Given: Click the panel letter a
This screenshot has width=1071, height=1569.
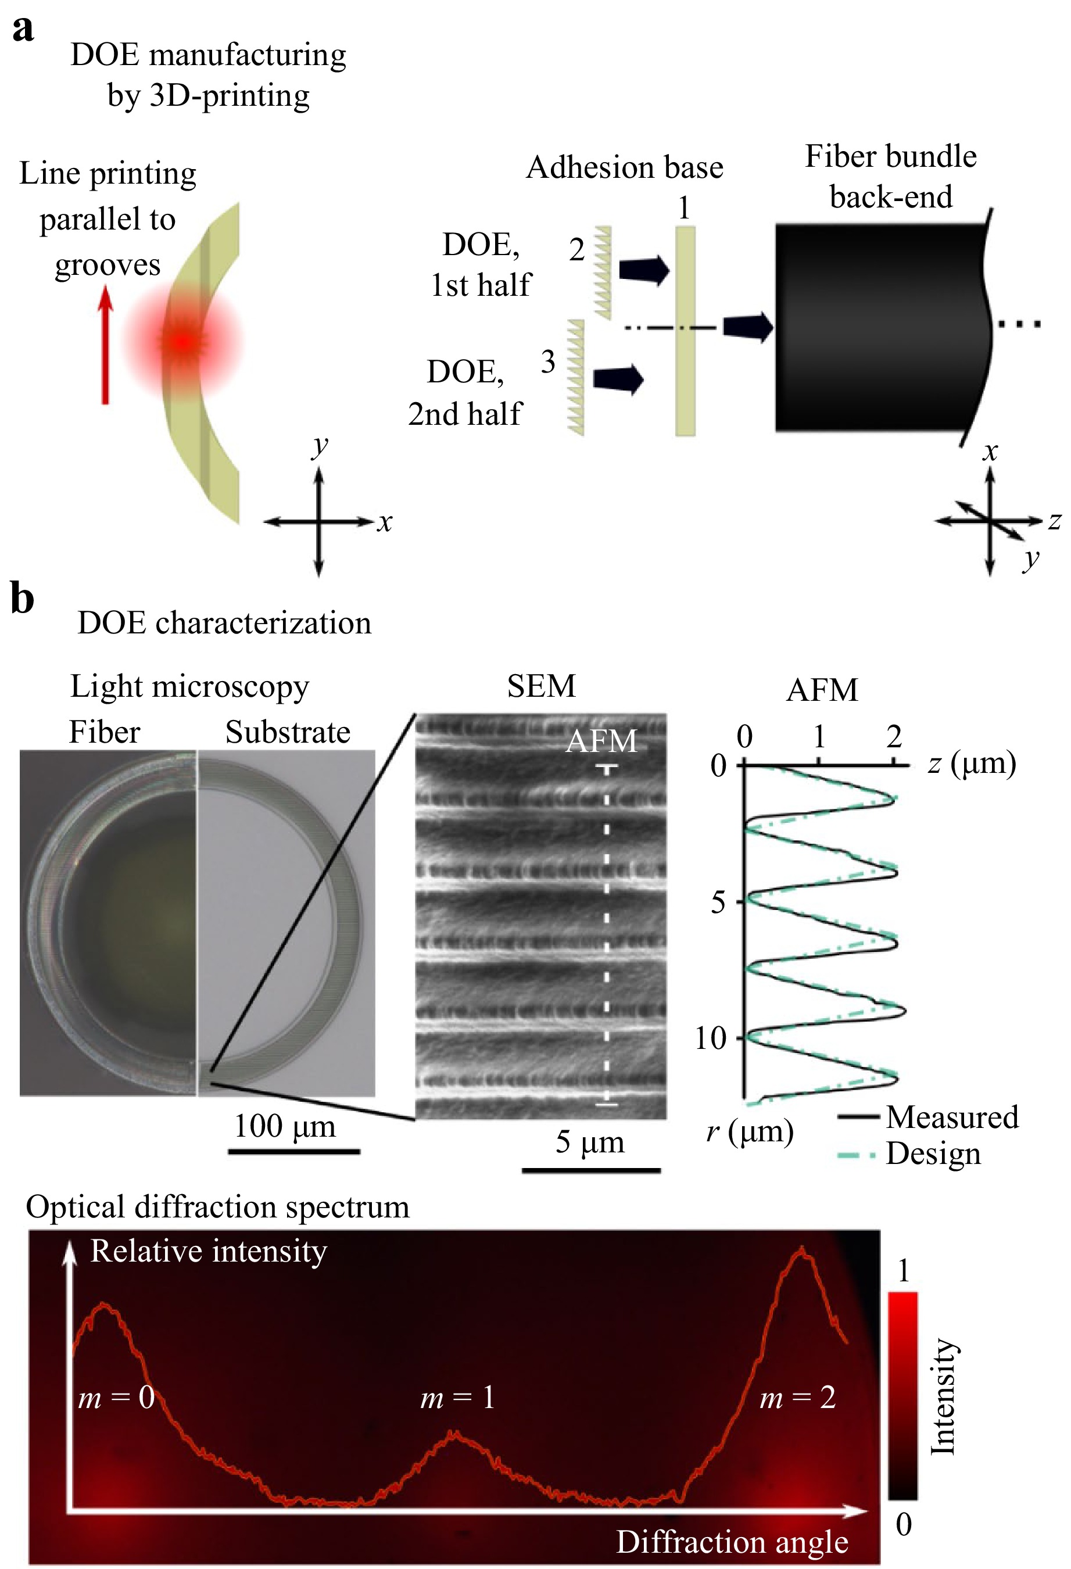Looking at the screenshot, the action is (x=23, y=30).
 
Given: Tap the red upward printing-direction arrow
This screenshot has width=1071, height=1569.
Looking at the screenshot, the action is (x=105, y=345).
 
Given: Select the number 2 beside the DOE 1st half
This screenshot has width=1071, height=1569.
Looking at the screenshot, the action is (x=576, y=250).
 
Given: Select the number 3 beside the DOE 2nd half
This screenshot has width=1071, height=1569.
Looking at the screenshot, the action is (x=547, y=362).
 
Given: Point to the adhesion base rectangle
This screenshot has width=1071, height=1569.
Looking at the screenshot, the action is (x=685, y=331).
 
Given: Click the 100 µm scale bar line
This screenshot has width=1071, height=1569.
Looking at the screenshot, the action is (x=293, y=1151).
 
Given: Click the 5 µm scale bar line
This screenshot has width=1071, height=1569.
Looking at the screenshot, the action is (x=591, y=1170).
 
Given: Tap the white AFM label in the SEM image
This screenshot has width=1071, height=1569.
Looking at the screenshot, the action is (x=601, y=741).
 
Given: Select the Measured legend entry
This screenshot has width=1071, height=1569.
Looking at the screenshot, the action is (x=928, y=1117).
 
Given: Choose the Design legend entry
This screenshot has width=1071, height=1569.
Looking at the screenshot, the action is (x=909, y=1154).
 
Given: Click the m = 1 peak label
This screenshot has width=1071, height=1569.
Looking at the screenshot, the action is (x=457, y=1397).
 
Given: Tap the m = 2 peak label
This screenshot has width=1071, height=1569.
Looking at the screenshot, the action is (x=797, y=1397).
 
